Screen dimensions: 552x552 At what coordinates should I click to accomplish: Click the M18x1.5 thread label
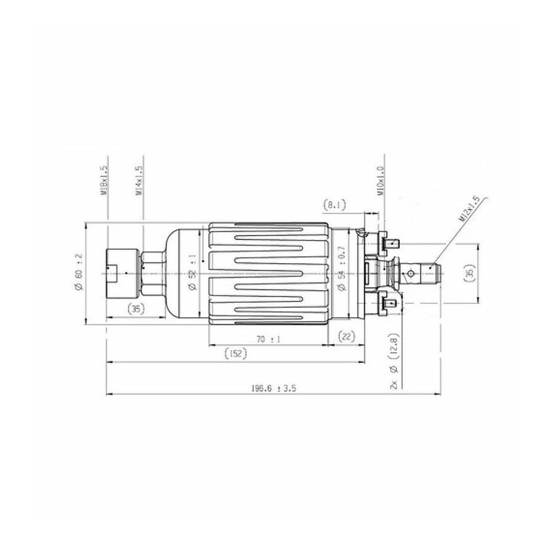point(104,181)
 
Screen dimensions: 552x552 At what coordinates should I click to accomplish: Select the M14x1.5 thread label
point(139,181)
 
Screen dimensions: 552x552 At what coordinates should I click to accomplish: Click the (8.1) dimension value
point(334,204)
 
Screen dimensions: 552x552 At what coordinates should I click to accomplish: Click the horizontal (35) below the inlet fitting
point(135,309)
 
